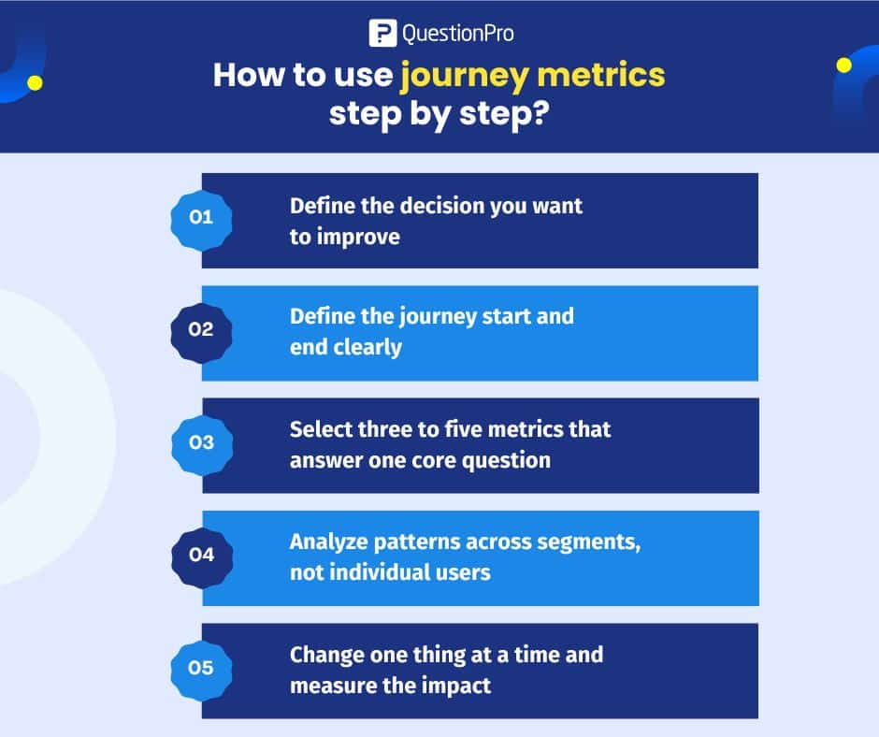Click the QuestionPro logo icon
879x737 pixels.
coord(382,34)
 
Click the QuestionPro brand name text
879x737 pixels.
coord(457,34)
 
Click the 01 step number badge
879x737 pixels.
coord(201,218)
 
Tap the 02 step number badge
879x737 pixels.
coord(201,330)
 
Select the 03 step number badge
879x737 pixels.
coord(201,442)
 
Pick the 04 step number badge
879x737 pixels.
coord(201,555)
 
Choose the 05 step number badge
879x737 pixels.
coord(201,668)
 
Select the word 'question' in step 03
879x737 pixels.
coord(504,460)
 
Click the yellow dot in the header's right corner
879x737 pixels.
coord(844,65)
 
